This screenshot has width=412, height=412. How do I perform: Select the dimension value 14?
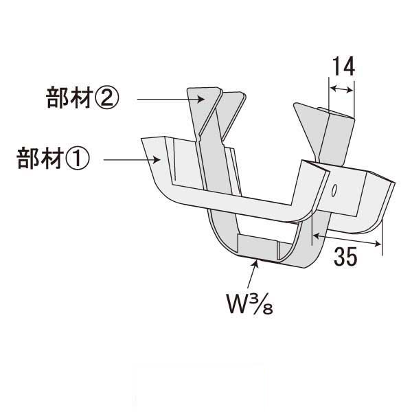pyautogui.click(x=342, y=67)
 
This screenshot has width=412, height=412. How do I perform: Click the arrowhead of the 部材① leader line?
pyautogui.click(x=159, y=161)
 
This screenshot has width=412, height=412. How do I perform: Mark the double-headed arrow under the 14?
pyautogui.click(x=342, y=88)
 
